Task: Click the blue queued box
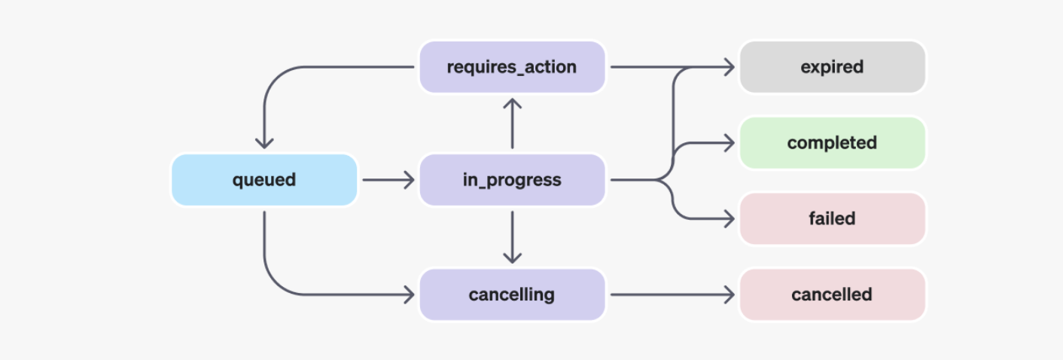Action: click(264, 180)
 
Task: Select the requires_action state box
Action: click(512, 67)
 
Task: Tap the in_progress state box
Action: click(512, 180)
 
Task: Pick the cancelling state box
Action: click(512, 294)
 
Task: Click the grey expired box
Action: click(832, 67)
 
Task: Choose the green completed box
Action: click(832, 142)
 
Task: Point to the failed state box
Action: click(832, 218)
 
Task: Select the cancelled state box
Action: click(832, 294)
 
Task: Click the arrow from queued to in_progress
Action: click(388, 180)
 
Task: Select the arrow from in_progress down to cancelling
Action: click(512, 237)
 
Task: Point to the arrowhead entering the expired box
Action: click(729, 67)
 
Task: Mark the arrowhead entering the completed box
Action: click(729, 142)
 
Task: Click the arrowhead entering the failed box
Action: click(729, 218)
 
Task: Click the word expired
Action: click(832, 67)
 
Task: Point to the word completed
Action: click(832, 142)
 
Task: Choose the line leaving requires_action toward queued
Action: click(339, 67)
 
